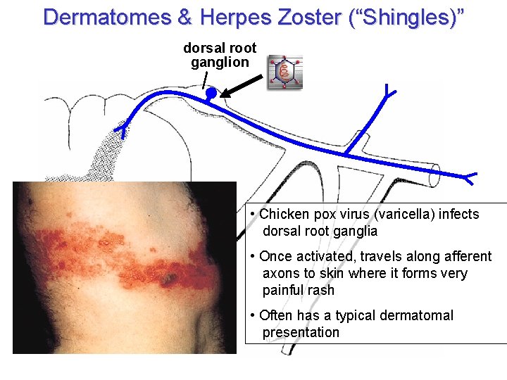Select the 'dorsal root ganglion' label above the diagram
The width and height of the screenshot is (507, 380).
(x=220, y=55)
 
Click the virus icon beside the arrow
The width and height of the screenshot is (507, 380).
(x=284, y=72)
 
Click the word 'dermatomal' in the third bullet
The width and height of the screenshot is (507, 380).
(x=415, y=315)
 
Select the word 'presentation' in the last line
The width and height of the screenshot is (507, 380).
(x=301, y=332)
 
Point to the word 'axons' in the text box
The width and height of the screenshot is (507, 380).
(x=280, y=273)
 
